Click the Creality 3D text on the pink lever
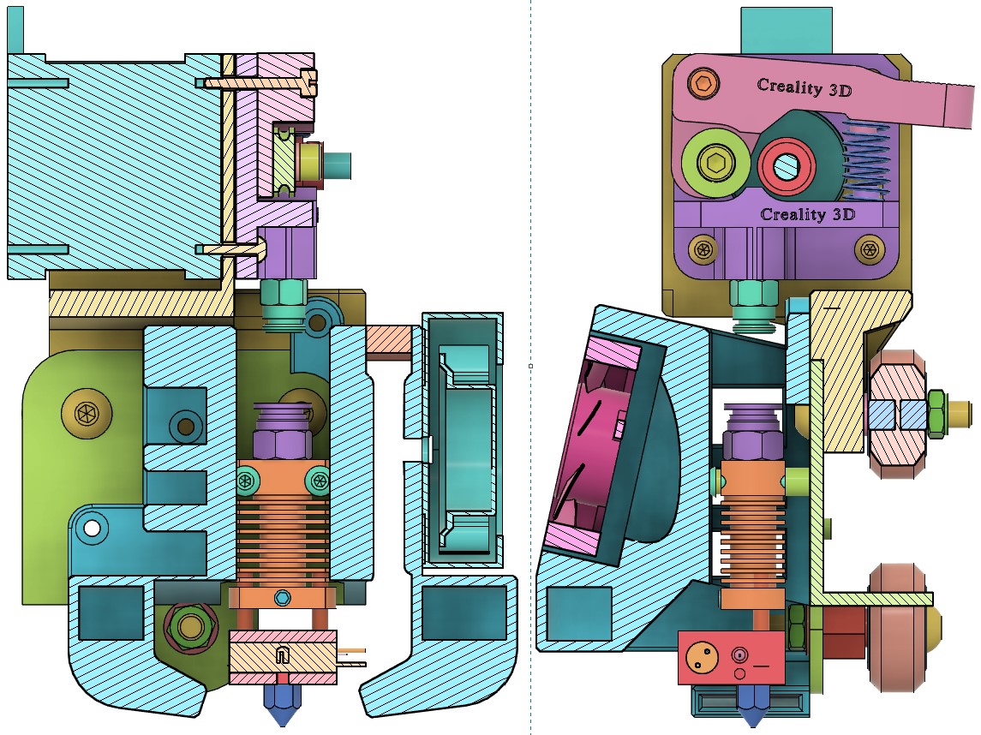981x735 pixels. tap(804, 87)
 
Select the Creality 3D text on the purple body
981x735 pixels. tap(807, 214)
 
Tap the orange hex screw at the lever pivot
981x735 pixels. tap(703, 82)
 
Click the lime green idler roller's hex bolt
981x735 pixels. tap(715, 163)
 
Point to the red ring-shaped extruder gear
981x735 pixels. tap(787, 166)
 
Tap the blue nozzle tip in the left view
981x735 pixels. tap(282, 703)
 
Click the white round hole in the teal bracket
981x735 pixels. tap(92, 529)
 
